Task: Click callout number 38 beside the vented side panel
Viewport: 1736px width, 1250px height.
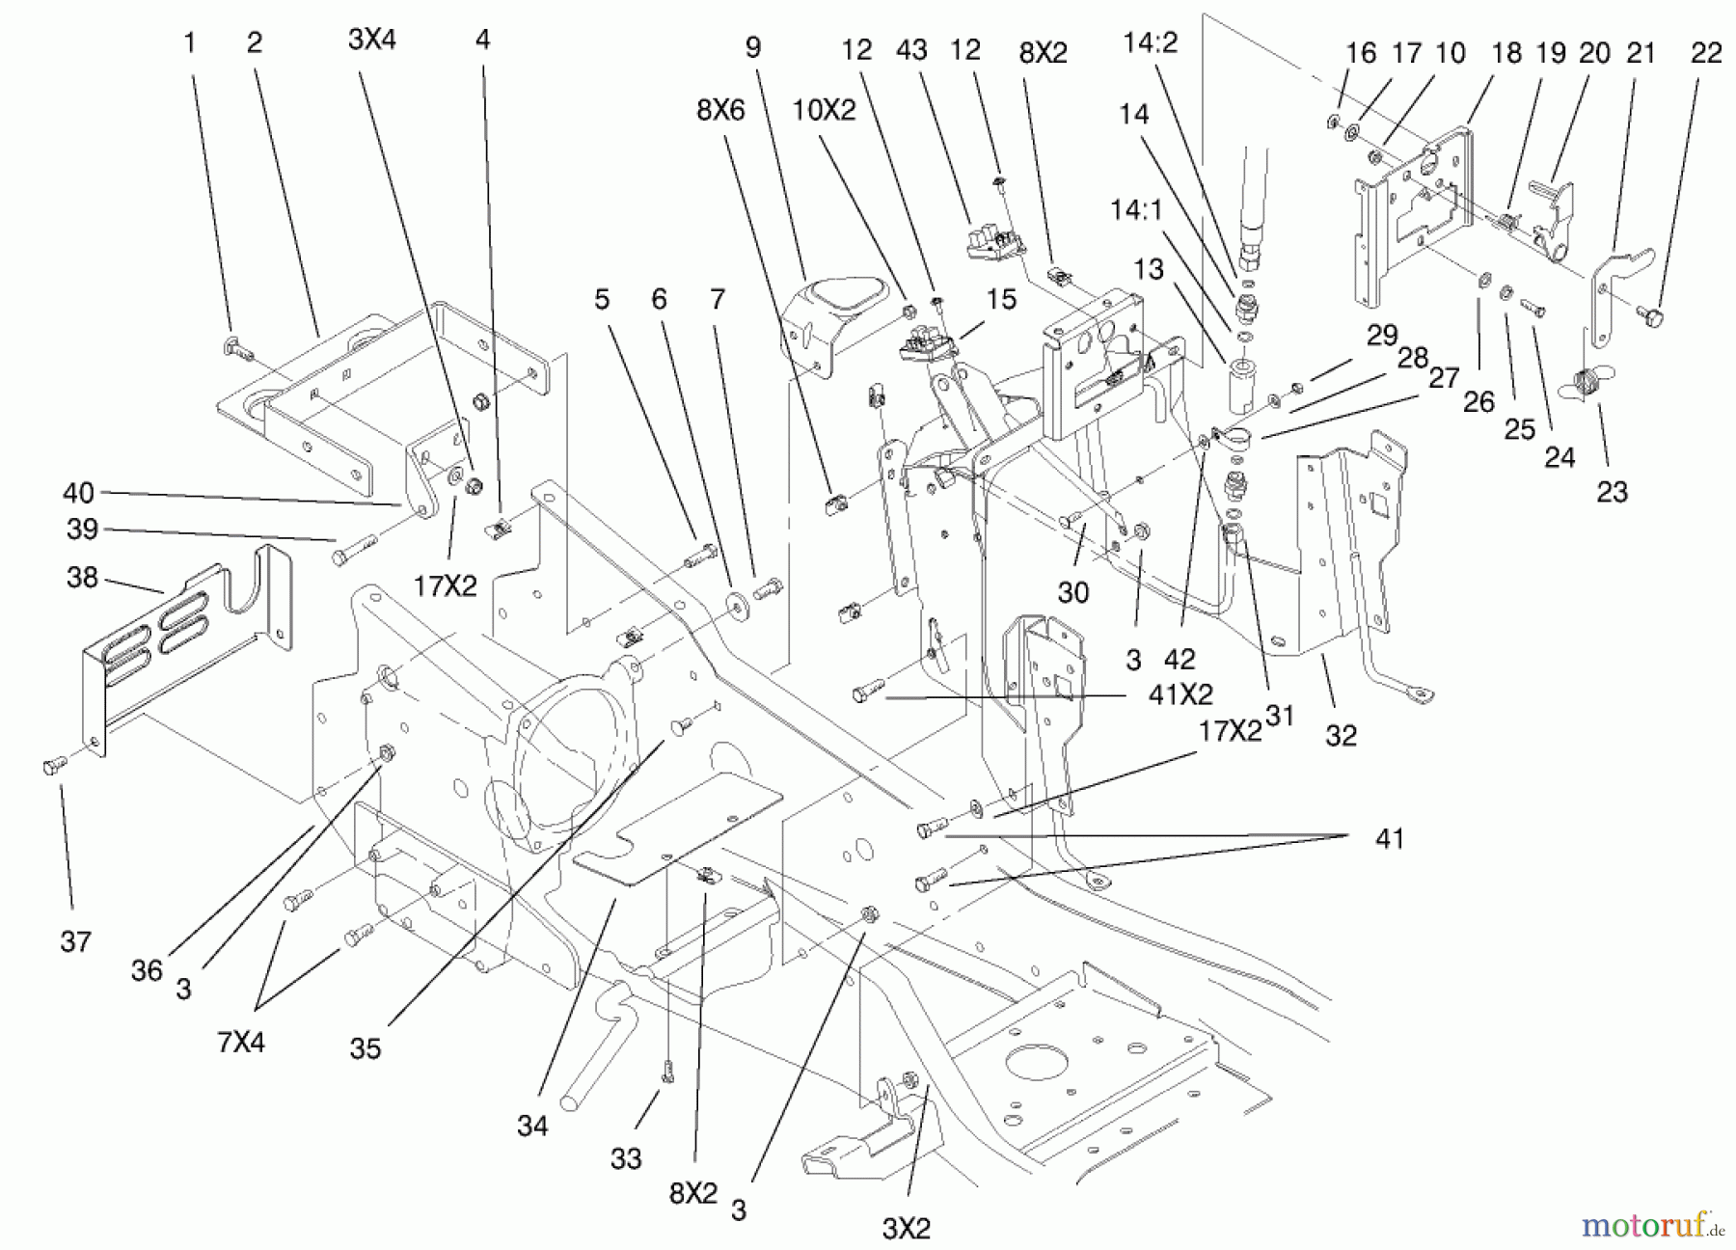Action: (82, 578)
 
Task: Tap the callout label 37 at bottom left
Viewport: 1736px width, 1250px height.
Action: (75, 941)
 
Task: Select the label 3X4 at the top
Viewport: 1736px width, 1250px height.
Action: (372, 40)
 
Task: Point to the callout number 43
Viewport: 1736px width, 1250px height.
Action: (911, 49)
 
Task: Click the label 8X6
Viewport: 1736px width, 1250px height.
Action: (721, 111)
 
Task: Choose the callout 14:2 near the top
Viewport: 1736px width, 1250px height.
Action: (1151, 43)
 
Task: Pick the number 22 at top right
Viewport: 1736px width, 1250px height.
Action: (1706, 53)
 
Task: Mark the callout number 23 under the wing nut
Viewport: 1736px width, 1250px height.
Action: (1612, 492)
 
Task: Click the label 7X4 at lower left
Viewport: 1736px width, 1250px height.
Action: (241, 1043)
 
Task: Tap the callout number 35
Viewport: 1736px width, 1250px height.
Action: (366, 1048)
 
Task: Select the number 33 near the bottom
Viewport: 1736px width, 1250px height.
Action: (626, 1158)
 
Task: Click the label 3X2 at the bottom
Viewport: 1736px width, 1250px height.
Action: (906, 1228)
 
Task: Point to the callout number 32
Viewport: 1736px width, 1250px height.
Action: (1341, 735)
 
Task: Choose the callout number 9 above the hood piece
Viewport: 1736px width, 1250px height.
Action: (752, 47)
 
